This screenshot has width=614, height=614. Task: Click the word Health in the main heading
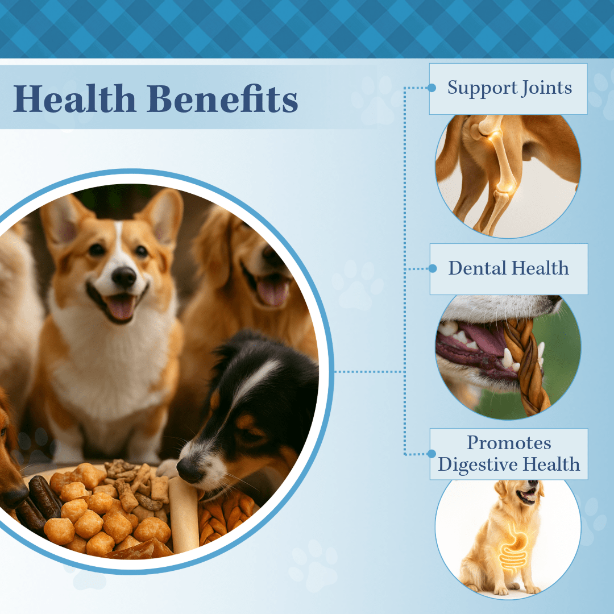point(74,99)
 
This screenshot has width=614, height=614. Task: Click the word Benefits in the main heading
point(222,99)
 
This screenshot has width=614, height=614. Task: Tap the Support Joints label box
point(508,89)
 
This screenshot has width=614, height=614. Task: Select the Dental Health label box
point(508,269)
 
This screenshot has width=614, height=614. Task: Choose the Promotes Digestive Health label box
point(508,454)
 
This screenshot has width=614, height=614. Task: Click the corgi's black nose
point(123,277)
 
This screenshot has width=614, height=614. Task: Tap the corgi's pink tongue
point(118,307)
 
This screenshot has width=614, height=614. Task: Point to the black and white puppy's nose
point(188,469)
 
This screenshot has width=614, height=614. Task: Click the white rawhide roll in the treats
point(184,515)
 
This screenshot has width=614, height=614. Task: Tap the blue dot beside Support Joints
point(432,88)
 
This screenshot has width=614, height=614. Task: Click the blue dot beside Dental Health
point(432,268)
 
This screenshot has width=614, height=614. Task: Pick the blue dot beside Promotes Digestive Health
point(432,454)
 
